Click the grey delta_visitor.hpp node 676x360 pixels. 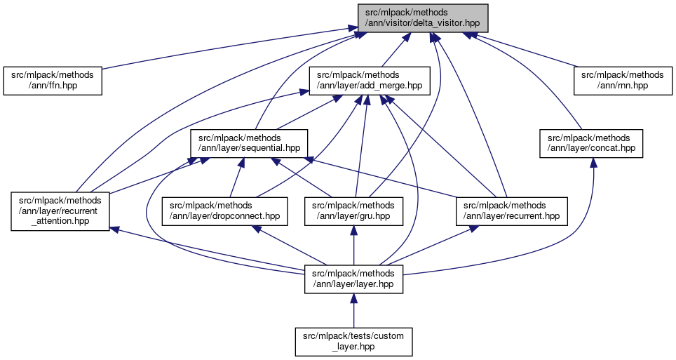(422, 18)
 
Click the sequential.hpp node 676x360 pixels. (250, 143)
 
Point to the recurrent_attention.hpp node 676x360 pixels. (60, 211)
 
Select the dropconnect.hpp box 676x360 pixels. (225, 211)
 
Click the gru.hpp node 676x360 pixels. (353, 211)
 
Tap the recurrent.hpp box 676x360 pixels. (512, 211)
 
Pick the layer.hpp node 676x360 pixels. (353, 279)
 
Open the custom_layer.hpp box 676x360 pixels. (353, 341)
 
